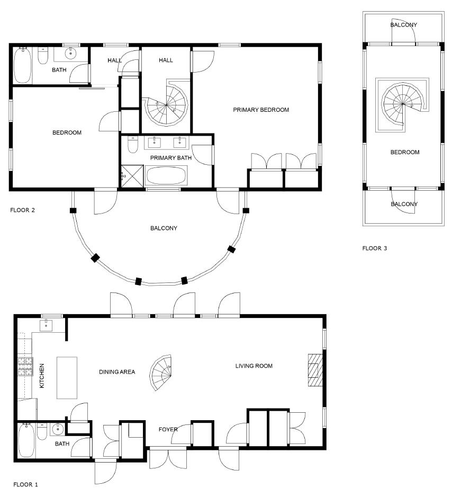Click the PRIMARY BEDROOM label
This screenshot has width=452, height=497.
(x=261, y=110)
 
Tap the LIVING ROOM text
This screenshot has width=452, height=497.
(x=254, y=366)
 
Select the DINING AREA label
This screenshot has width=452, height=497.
(x=117, y=372)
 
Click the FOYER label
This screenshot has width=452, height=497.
(x=168, y=429)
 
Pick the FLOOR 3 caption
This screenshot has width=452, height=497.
(x=375, y=248)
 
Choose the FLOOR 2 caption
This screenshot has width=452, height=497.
(x=22, y=210)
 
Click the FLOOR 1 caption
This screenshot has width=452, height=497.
(x=25, y=484)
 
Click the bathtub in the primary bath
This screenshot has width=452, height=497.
(x=166, y=176)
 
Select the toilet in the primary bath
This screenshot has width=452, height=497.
(x=132, y=144)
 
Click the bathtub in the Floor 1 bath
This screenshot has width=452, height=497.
(x=26, y=440)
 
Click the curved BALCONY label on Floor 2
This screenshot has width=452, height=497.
(x=164, y=228)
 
